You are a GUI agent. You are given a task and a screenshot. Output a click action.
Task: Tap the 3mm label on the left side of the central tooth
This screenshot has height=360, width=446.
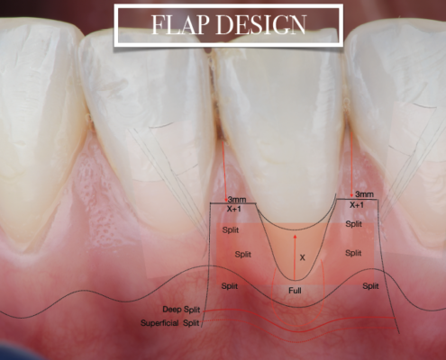point(237,200)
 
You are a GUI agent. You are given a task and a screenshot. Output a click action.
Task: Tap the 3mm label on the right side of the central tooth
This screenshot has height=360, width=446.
point(364,194)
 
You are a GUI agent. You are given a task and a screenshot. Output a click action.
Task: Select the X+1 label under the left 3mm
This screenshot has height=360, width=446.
point(234,209)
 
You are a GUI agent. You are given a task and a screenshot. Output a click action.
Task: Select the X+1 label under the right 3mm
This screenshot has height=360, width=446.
point(357,205)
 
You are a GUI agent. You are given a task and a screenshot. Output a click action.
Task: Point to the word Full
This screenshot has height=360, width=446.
point(295,291)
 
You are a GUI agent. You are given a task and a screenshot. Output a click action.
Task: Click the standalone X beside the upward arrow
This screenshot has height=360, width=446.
point(303,257)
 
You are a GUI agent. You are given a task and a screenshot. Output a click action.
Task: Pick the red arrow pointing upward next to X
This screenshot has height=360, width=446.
point(295,257)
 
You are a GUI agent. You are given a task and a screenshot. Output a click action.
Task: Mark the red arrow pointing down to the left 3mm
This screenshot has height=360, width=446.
point(224,171)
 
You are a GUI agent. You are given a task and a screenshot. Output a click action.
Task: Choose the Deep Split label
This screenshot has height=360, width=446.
point(181,310)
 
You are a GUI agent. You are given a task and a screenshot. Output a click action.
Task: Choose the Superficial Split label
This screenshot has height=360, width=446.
point(170,323)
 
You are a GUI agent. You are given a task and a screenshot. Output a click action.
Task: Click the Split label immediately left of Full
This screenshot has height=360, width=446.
point(230,286)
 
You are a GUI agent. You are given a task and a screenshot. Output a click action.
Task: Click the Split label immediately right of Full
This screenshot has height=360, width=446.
point(370,286)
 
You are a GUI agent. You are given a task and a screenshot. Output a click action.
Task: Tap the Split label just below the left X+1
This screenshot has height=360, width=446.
point(231,230)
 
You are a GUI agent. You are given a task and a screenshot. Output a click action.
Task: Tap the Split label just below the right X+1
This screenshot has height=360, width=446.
point(354,224)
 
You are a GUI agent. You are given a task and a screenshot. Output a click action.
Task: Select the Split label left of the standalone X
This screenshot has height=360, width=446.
point(243,255)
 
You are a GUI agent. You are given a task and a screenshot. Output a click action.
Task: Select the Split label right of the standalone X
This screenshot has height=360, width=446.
point(353,253)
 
